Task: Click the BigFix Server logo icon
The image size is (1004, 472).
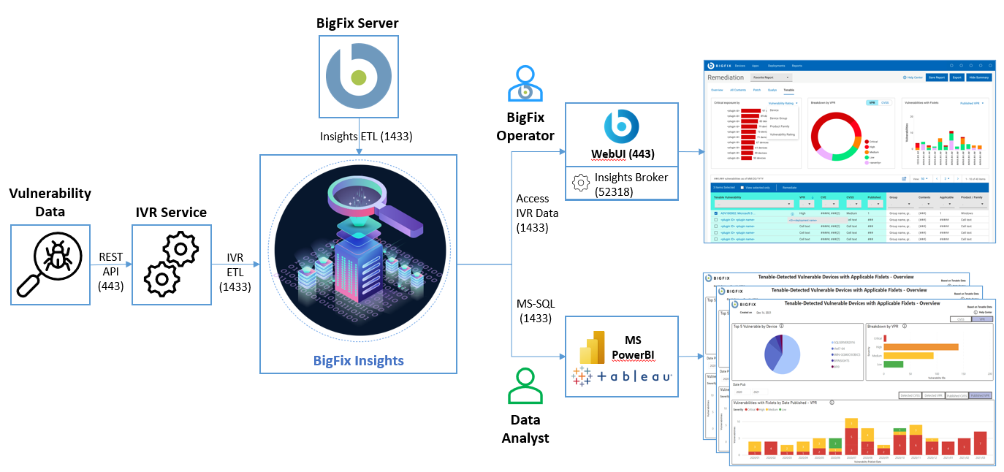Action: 357,77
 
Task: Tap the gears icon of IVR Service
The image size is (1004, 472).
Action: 171,262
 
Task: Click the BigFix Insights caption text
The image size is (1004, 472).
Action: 358,360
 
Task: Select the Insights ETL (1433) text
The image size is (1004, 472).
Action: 356,137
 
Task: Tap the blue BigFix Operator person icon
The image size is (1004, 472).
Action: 525,84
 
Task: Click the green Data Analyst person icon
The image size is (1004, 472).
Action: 525,386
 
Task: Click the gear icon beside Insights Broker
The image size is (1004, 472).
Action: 580,183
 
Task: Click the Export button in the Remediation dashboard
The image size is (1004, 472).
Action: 956,77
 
